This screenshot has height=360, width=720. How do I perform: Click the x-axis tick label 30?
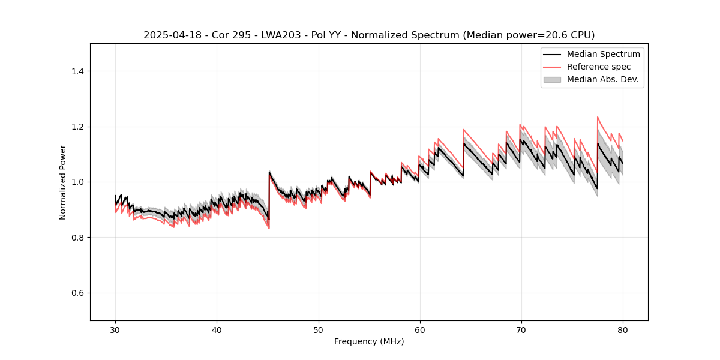pos(115,330)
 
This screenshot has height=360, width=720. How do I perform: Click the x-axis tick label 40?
pos(217,330)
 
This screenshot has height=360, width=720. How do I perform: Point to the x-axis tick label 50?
pos(318,330)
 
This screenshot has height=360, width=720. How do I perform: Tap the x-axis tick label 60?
pos(419,330)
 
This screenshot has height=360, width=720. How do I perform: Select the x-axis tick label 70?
pos(521,330)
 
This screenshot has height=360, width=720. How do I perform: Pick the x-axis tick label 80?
pos(622,330)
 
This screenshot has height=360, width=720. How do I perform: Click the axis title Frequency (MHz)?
pos(369,341)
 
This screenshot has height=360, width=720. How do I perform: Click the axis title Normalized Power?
pos(63,182)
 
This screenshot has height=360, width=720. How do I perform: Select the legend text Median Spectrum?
pos(603,54)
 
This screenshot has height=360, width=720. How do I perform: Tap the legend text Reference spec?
pos(598,67)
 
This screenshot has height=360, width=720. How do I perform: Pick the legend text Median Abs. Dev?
pos(602,79)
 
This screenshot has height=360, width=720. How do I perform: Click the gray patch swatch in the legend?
pos(551,79)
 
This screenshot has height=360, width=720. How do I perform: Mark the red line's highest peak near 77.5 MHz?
pos(598,117)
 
